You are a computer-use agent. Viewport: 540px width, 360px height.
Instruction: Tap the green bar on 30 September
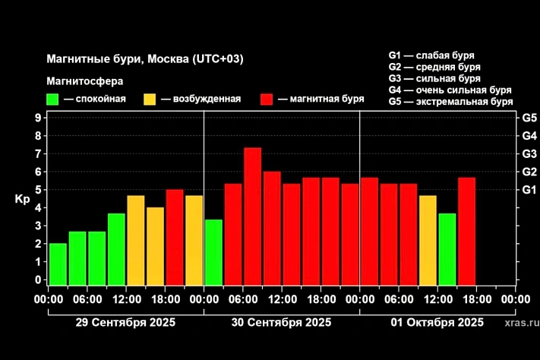pos(213,252)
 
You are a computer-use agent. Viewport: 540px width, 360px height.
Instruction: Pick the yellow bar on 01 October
pos(428,240)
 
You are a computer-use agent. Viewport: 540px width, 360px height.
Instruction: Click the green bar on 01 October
pos(447,249)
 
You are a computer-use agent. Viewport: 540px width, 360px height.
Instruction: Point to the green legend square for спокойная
pos(52,99)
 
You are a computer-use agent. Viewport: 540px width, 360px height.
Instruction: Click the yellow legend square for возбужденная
pos(150,99)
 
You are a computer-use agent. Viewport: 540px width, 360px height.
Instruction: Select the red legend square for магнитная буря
pos(267,99)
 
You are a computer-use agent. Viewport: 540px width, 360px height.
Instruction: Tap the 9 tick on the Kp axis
pos(37,118)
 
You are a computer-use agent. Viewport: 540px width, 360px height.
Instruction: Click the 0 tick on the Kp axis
pos(37,279)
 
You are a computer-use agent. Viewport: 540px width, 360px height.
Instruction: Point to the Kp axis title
pos(21,199)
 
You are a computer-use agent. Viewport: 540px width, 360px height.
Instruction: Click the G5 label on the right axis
pos(529,118)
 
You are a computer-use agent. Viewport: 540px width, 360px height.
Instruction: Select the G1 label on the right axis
pos(529,190)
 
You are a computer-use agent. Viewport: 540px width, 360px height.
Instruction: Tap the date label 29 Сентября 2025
pos(125,322)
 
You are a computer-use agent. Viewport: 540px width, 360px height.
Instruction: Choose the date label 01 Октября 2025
pos(437,322)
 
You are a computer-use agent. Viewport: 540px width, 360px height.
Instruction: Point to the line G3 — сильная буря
pos(434,78)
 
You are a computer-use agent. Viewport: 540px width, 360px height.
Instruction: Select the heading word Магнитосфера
pos(84,81)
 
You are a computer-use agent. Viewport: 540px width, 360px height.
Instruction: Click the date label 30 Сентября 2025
pos(281,322)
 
